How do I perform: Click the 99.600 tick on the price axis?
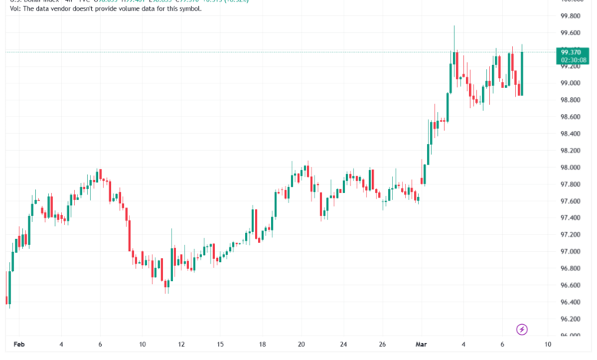pyautogui.click(x=569, y=33)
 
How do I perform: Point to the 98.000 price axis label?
pyautogui.click(x=569, y=168)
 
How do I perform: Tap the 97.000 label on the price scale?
pyautogui.click(x=569, y=252)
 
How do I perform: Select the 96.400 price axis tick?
pyautogui.click(x=569, y=302)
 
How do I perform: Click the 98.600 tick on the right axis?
pyautogui.click(x=569, y=117)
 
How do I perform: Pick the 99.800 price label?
pyautogui.click(x=569, y=16)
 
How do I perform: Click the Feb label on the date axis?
pyautogui.click(x=18, y=344)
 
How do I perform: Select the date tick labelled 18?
pyautogui.click(x=262, y=344)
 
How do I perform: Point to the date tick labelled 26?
pyautogui.click(x=382, y=344)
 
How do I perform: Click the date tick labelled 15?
pyautogui.click(x=220, y=344)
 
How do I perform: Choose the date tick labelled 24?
pyautogui.click(x=343, y=344)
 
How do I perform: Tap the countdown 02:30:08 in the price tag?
pyautogui.click(x=573, y=60)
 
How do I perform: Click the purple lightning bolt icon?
pyautogui.click(x=522, y=329)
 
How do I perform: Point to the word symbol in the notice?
pyautogui.click(x=188, y=18)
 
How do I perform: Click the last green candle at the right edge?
pyautogui.click(x=522, y=74)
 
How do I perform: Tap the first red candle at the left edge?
pyautogui.click(x=8, y=287)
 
